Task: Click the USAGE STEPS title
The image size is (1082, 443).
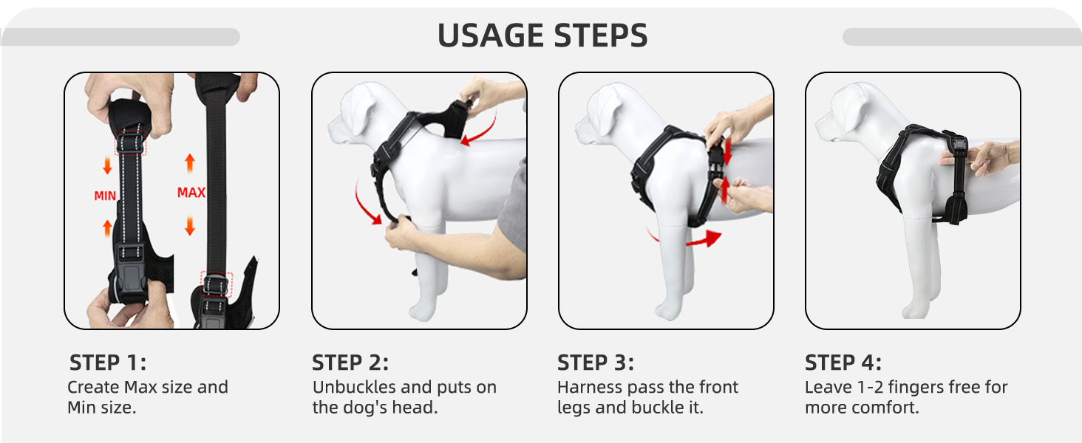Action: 542,35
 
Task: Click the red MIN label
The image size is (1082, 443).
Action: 105,196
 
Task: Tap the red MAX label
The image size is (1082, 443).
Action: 191,193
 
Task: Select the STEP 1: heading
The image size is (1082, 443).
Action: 108,363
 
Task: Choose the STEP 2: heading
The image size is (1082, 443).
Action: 350,363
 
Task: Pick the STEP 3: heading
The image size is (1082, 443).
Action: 595,363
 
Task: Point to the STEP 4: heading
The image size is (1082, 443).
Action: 843,363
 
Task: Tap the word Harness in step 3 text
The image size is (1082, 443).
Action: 589,387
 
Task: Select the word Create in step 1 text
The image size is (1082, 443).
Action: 93,387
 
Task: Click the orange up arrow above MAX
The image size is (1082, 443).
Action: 190,162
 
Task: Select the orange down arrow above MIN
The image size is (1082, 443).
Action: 107,166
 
